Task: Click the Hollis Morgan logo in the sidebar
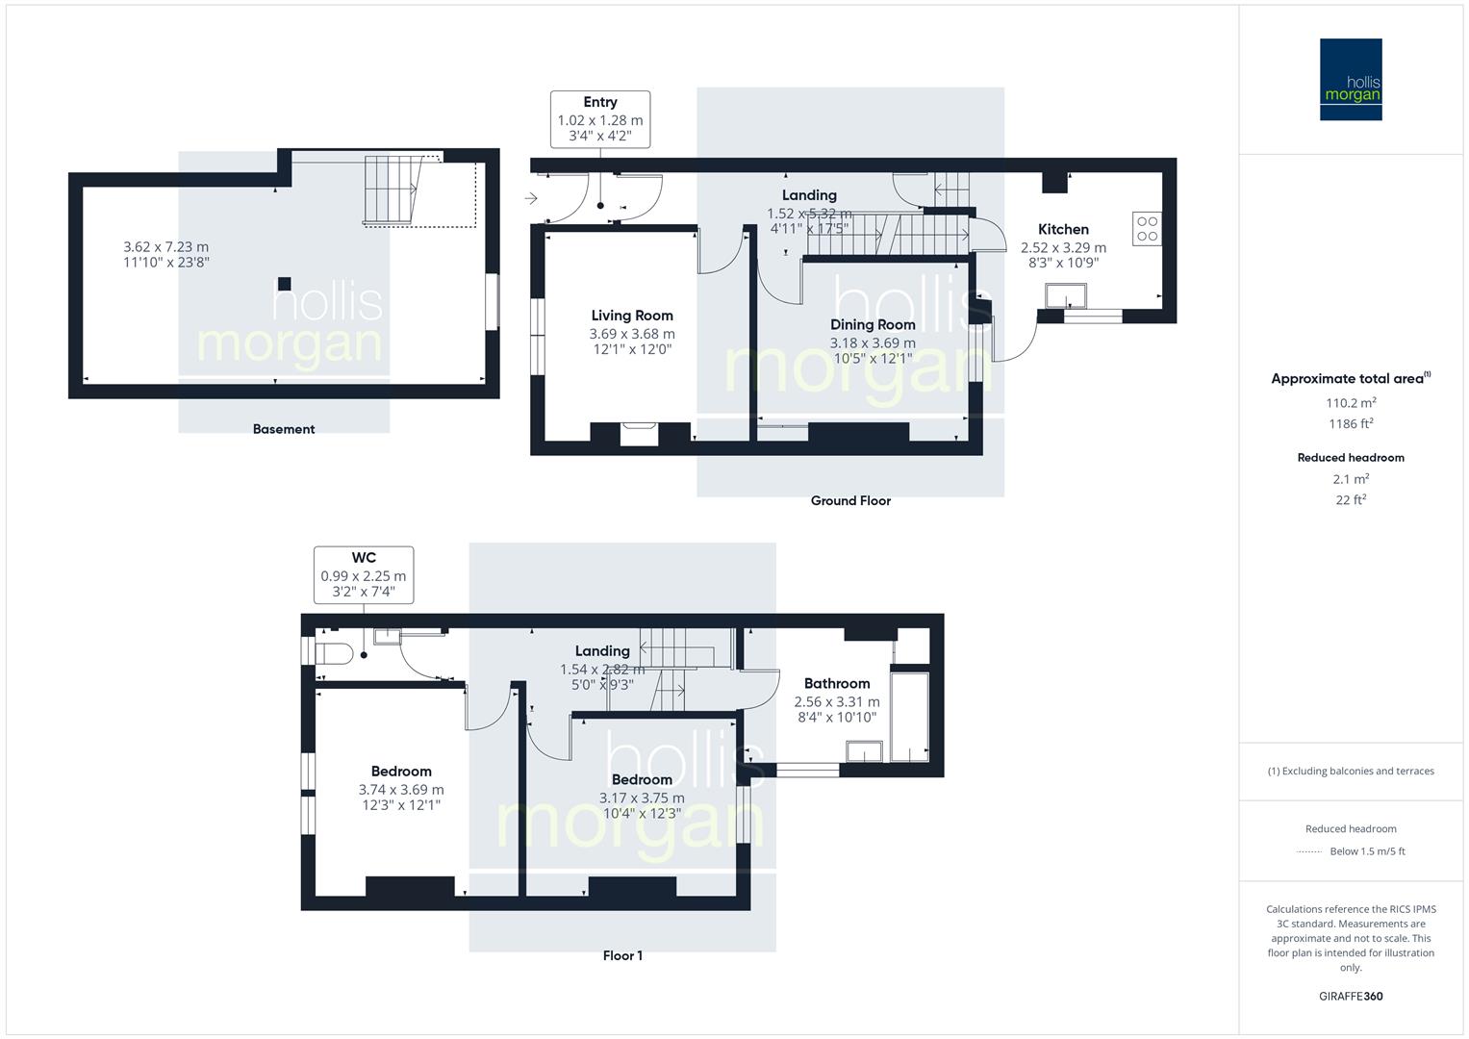(x=1350, y=79)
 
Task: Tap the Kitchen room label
(x=1063, y=229)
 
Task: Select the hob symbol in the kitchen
(x=1147, y=228)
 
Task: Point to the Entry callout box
(x=600, y=119)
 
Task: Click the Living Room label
(x=632, y=316)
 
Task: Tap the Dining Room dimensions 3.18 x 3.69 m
(x=873, y=342)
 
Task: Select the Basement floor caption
(x=284, y=429)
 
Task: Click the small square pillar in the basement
(x=284, y=284)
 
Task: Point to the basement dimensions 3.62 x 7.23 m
(x=165, y=247)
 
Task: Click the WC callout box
(x=364, y=575)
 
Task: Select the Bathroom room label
(x=836, y=683)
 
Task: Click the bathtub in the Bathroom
(x=909, y=717)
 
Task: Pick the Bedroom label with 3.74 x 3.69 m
(x=401, y=772)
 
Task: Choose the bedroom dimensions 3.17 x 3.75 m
(x=642, y=798)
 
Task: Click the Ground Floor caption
(x=850, y=500)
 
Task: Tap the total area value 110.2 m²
(x=1351, y=403)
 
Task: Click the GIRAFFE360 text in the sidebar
(x=1351, y=996)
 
